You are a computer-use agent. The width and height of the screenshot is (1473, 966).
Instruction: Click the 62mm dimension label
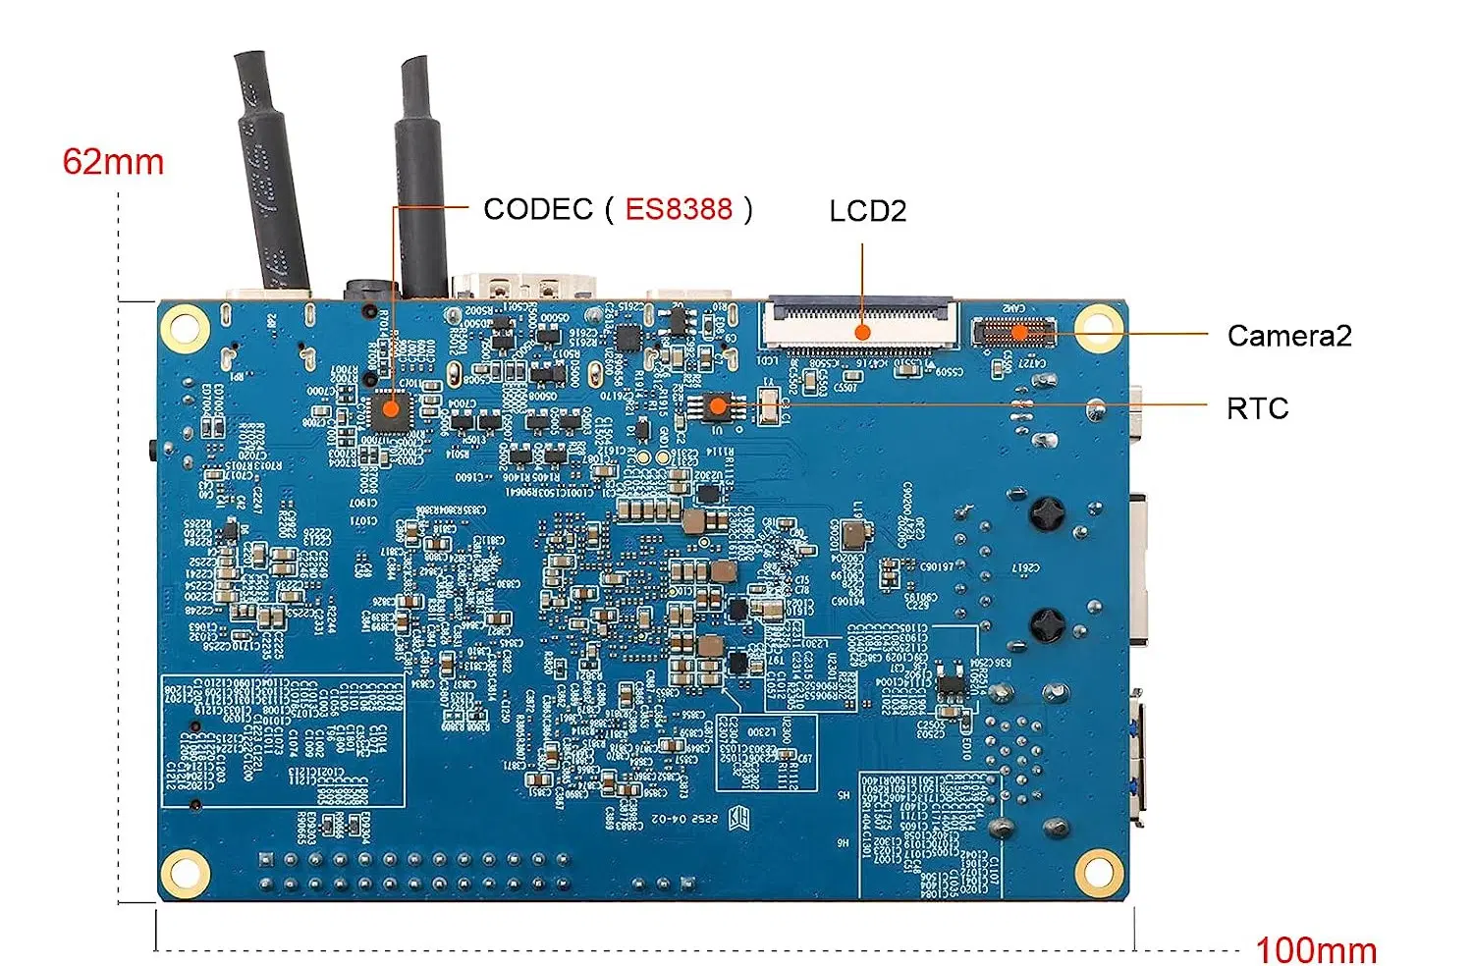pyautogui.click(x=113, y=162)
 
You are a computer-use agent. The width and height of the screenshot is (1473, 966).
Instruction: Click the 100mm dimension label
pyautogui.click(x=1316, y=949)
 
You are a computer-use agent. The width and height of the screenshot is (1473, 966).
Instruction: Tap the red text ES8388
pyautogui.click(x=679, y=209)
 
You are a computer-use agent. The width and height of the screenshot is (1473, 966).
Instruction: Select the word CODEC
pyautogui.click(x=538, y=209)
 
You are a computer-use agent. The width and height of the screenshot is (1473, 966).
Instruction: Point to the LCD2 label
pyautogui.click(x=867, y=211)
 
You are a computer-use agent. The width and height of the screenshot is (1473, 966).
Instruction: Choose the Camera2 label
pyautogui.click(x=1288, y=336)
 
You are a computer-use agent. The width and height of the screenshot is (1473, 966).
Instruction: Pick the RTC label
pyautogui.click(x=1257, y=408)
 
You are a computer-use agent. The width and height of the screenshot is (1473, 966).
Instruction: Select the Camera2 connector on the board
pyautogui.click(x=1013, y=332)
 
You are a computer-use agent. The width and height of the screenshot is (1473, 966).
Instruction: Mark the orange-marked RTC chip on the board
pyautogui.click(x=718, y=405)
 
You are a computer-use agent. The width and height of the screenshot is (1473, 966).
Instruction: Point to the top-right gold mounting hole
pyautogui.click(x=1099, y=328)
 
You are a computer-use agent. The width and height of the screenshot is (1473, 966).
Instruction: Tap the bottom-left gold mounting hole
pyautogui.click(x=185, y=872)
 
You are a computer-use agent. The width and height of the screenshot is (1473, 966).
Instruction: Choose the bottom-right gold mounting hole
pyautogui.click(x=1099, y=870)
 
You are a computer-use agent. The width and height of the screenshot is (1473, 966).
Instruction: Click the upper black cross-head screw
pyautogui.click(x=1048, y=513)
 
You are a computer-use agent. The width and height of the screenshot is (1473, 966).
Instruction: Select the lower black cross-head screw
pyautogui.click(x=1048, y=624)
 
